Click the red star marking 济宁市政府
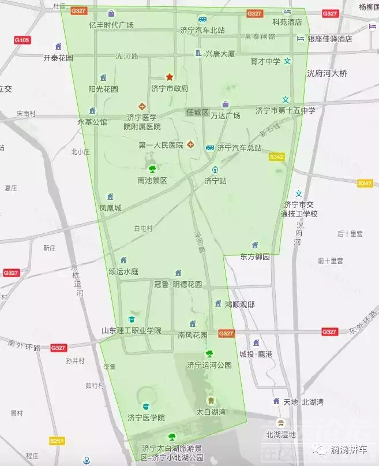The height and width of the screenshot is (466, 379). pyautogui.click(x=170, y=76)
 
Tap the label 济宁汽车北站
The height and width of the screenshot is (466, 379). pyautogui.click(x=202, y=30)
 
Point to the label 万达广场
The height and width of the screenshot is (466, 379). pyautogui.click(x=225, y=115)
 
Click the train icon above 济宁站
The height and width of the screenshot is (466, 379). pyautogui.click(x=215, y=170)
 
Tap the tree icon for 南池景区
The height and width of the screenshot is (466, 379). pyautogui.click(x=152, y=169)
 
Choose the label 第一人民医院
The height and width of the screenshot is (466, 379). pyautogui.click(x=160, y=145)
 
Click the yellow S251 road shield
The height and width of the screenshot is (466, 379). pyautogui.click(x=57, y=441)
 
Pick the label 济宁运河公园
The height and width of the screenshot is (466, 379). pyautogui.click(x=209, y=365)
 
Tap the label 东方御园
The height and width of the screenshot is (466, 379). pyautogui.click(x=255, y=256)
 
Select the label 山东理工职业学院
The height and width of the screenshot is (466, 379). pyautogui.click(x=132, y=331)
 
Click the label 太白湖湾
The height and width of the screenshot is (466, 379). pyautogui.click(x=211, y=412)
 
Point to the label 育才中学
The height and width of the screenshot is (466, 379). pyautogui.click(x=265, y=61)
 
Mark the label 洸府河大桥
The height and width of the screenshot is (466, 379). pyautogui.click(x=327, y=73)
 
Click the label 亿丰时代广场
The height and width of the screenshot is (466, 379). pyautogui.click(x=111, y=25)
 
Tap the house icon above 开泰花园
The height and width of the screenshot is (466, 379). pyautogui.click(x=58, y=46)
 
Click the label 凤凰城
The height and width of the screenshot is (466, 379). pyautogui.click(x=110, y=208)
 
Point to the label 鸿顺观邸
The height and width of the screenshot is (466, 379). pyautogui.click(x=239, y=304)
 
